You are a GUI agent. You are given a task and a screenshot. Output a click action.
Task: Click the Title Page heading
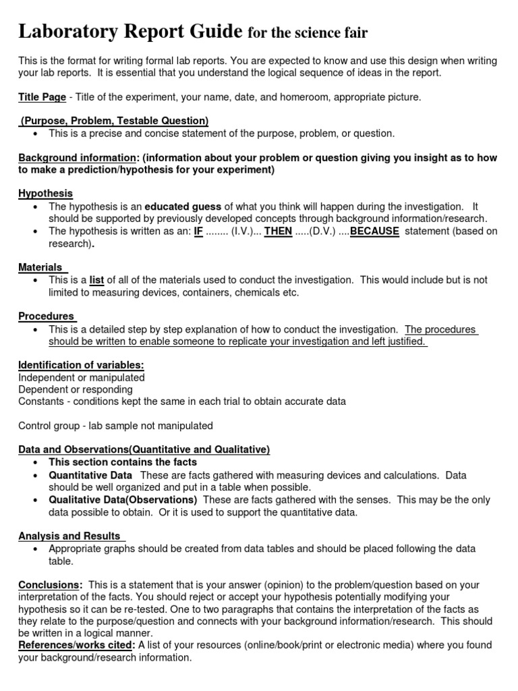click(42, 97)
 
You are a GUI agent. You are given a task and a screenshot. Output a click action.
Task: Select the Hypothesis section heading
click(45, 194)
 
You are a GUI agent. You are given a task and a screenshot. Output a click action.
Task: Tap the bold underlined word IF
click(198, 231)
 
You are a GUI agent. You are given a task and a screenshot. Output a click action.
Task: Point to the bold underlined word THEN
click(277, 231)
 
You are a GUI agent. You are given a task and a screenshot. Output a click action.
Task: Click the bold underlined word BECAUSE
click(374, 231)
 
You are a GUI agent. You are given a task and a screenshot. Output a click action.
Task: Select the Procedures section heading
click(46, 316)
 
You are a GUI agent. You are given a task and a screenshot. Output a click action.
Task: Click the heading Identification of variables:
click(81, 365)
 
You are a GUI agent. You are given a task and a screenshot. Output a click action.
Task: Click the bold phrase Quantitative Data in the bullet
click(90, 475)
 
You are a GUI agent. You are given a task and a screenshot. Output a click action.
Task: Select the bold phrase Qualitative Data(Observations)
click(123, 500)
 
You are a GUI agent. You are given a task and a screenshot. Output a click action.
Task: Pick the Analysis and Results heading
click(69, 536)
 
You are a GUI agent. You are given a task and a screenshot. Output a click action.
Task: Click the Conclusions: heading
click(50, 585)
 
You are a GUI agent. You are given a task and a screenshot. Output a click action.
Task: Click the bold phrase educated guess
click(182, 206)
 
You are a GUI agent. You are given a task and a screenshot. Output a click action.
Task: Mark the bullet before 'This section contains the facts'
click(34, 463)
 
